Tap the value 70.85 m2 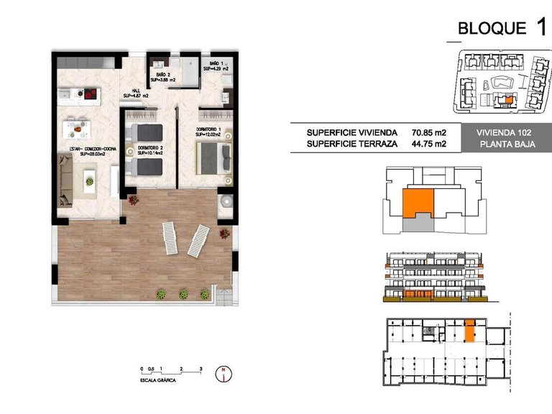pos(429,132)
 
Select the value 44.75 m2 pos(429,144)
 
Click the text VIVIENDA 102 pos(504,132)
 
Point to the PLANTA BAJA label pos(504,144)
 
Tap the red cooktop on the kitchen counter pos(90,93)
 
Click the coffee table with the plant pos(89,177)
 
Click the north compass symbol pos(226,373)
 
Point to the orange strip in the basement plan pos(469,330)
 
